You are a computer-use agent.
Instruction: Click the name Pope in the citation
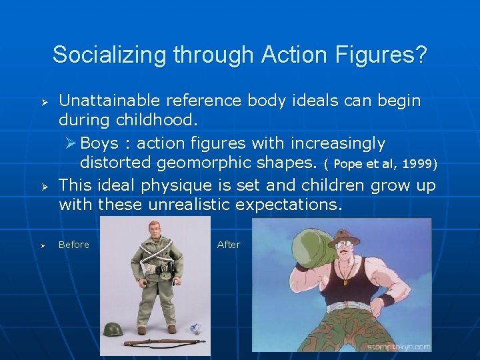(348, 164)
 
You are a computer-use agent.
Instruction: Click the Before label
(73, 245)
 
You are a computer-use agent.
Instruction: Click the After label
(229, 245)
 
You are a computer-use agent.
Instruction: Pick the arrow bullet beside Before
(41, 245)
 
